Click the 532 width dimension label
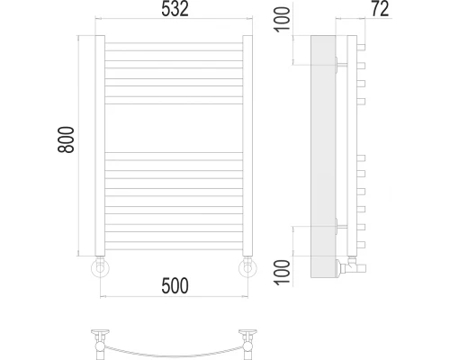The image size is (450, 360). pos(175,11)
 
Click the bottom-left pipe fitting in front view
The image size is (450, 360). pos(100,267)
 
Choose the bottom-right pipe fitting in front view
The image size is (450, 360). pos(248,267)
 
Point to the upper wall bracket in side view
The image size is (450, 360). pos(338,64)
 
